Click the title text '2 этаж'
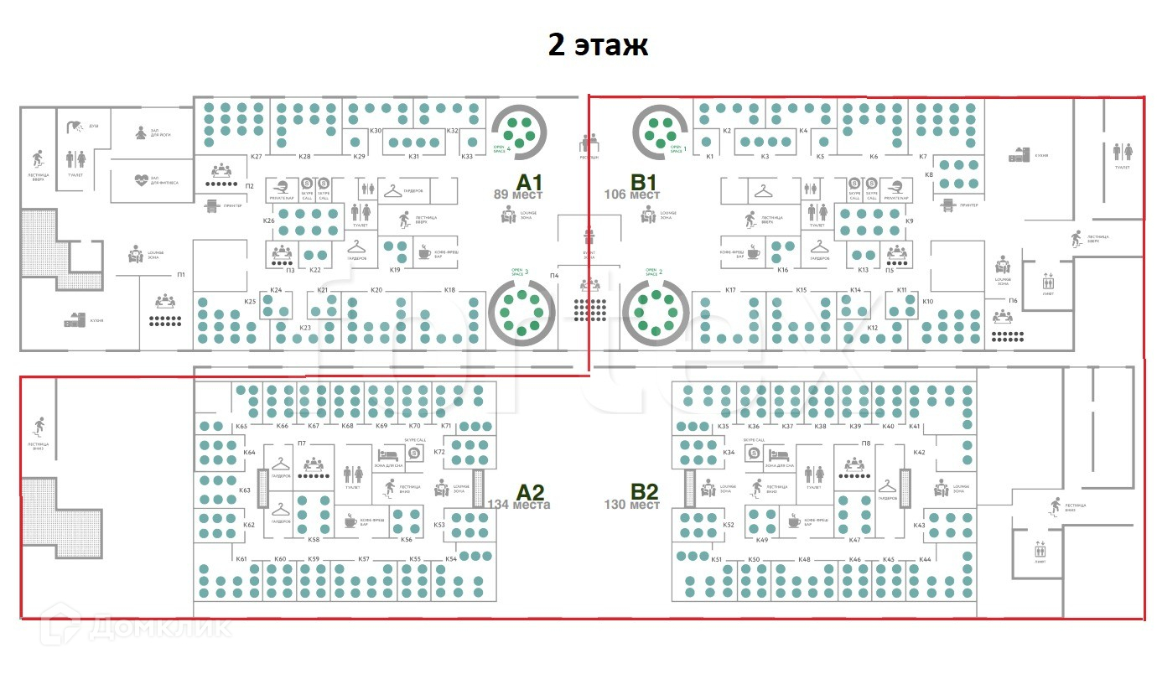(598, 45)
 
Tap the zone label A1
(530, 183)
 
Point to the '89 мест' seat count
(517, 194)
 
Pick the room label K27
(257, 157)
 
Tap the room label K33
(467, 157)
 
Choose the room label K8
(929, 174)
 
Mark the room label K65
(241, 427)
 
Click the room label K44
(925, 559)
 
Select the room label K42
(919, 453)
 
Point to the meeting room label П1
(180, 275)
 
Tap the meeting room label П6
(1013, 300)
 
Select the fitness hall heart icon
(141, 180)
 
